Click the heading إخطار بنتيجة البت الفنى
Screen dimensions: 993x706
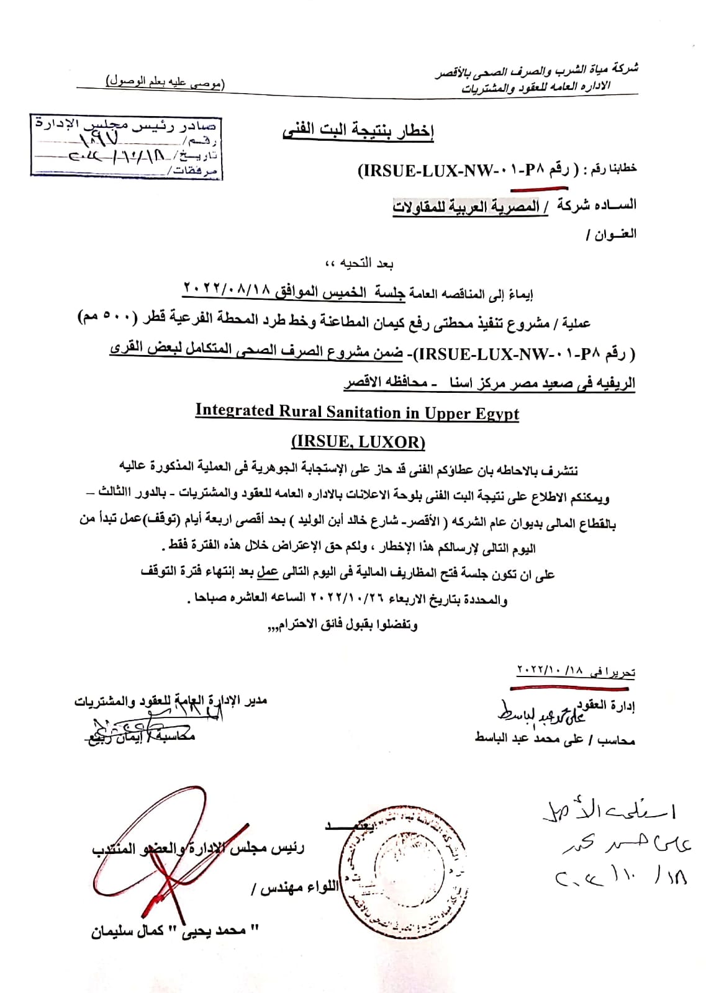(x=358, y=131)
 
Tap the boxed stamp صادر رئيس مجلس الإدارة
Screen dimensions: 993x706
(x=126, y=146)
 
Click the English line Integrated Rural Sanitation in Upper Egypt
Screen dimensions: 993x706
(x=357, y=411)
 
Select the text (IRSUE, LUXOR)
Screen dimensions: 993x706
(x=358, y=442)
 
